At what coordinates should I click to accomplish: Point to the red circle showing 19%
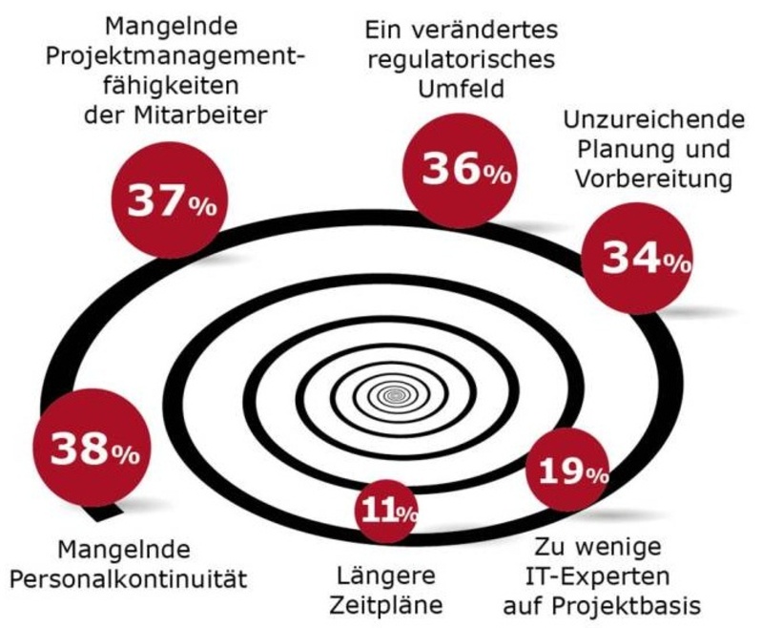pos(569,470)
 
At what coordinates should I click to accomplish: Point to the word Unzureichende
pos(653,121)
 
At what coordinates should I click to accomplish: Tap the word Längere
pos(386,576)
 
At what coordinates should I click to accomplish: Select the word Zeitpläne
pos(386,604)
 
